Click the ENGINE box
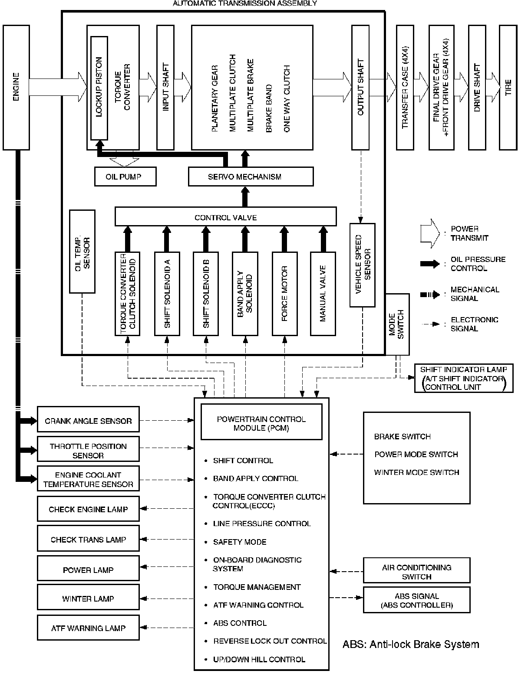pyautogui.click(x=16, y=87)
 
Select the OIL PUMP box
pyautogui.click(x=125, y=177)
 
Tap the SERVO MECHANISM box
pyautogui.click(x=251, y=177)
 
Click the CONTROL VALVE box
pyautogui.click(x=225, y=217)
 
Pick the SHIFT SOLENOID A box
pyautogui.click(x=167, y=293)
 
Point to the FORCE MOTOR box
pyautogui.click(x=284, y=293)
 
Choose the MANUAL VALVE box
pyautogui.click(x=323, y=293)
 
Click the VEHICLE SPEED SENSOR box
pyautogui.click(x=363, y=265)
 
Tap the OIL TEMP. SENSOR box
pyautogui.click(x=82, y=252)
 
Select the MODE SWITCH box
pyautogui.click(x=397, y=324)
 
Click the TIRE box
pyautogui.click(x=508, y=87)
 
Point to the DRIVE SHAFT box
pyautogui.click(x=477, y=87)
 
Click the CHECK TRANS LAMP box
pyautogui.click(x=88, y=539)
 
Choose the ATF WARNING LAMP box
pyautogui.click(x=88, y=627)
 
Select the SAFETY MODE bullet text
pyautogui.click(x=240, y=542)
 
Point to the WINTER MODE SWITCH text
pyautogui.click(x=416, y=472)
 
